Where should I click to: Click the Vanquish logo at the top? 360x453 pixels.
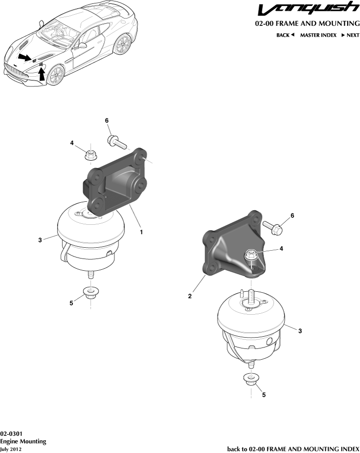[308, 10]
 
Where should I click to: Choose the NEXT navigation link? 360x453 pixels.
[350, 35]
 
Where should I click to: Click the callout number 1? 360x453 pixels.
[141, 232]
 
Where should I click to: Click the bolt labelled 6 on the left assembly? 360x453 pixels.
[118, 142]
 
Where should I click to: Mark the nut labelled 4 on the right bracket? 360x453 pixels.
[250, 255]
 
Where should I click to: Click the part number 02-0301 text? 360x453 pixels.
[11, 433]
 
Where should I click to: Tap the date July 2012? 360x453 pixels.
[11, 449]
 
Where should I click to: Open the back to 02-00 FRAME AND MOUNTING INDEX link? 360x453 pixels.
[293, 449]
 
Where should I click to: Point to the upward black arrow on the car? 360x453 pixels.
[42, 73]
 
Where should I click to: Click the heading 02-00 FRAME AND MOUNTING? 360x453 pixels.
[307, 24]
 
